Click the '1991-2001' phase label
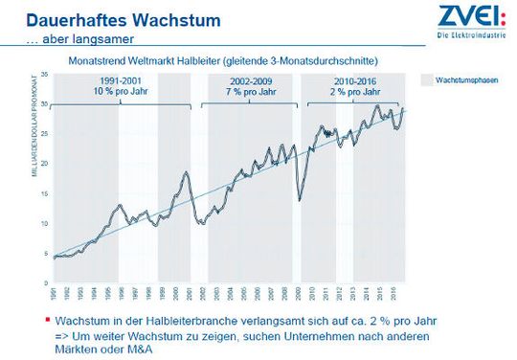pyautogui.click(x=120, y=81)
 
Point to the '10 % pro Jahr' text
pyautogui.click(x=120, y=92)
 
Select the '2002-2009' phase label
pyautogui.click(x=246, y=81)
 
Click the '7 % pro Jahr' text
pyautogui.click(x=246, y=92)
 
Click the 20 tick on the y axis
pyautogui.click(x=44, y=164)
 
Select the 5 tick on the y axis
pyautogui.click(x=45, y=254)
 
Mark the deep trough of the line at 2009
pyautogui.click(x=300, y=200)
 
